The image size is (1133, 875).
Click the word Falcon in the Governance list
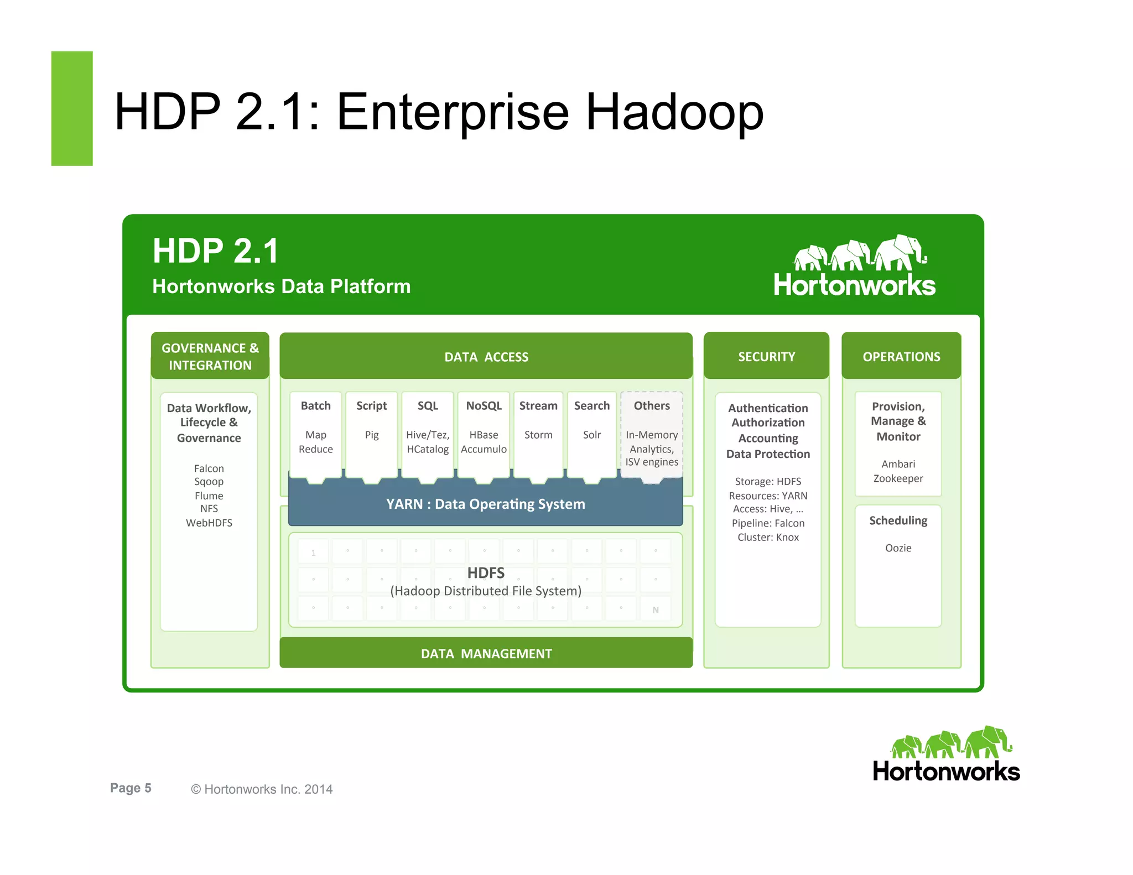click(x=209, y=468)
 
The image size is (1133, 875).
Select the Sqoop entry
click(x=209, y=482)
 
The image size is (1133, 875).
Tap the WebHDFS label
click(x=209, y=523)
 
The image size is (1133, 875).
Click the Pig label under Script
click(x=372, y=435)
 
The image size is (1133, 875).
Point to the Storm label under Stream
click(x=538, y=435)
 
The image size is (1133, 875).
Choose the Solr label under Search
click(x=591, y=435)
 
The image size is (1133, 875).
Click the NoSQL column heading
click(x=484, y=406)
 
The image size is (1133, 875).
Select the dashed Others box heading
click(x=652, y=406)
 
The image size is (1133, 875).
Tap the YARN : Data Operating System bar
click(x=485, y=504)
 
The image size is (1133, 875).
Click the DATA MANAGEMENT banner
click(x=486, y=653)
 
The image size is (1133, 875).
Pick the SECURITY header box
click(x=766, y=357)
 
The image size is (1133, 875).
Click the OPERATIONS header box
click(x=901, y=357)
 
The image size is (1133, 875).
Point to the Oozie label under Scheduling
click(x=898, y=548)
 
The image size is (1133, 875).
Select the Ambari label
click(x=898, y=464)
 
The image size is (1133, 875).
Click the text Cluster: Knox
click(x=768, y=537)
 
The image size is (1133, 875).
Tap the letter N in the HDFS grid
click(x=656, y=610)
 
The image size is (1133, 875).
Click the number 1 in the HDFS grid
click(x=313, y=553)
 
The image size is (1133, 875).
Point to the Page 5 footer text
click(x=131, y=788)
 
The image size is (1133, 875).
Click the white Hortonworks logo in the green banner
click(x=854, y=267)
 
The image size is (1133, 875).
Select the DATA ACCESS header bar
click(x=486, y=357)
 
